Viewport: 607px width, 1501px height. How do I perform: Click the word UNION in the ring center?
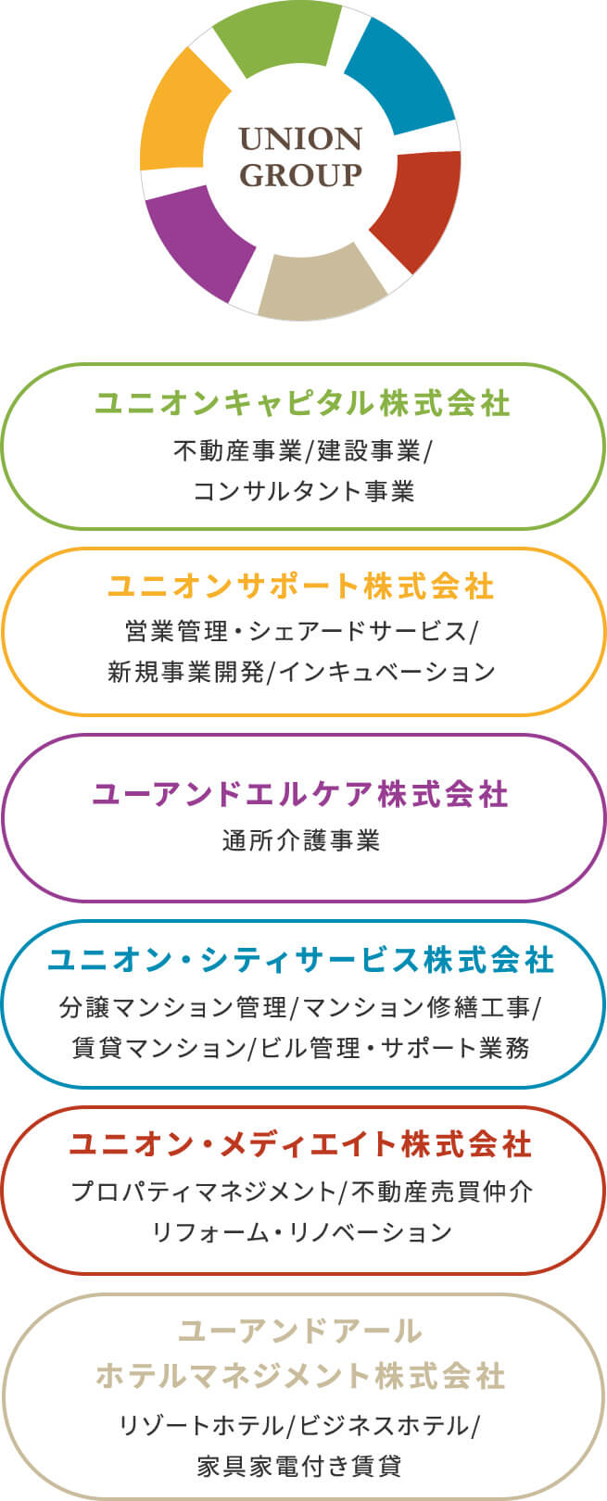(x=300, y=139)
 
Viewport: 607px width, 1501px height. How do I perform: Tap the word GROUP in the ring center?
(x=300, y=175)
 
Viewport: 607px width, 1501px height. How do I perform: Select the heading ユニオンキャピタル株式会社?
(x=303, y=404)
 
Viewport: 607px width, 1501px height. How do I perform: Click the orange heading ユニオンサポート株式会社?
(x=302, y=587)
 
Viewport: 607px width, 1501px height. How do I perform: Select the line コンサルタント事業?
(x=303, y=491)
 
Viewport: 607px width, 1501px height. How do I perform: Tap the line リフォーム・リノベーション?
(x=302, y=1232)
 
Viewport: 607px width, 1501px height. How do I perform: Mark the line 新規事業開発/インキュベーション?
(x=302, y=672)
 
